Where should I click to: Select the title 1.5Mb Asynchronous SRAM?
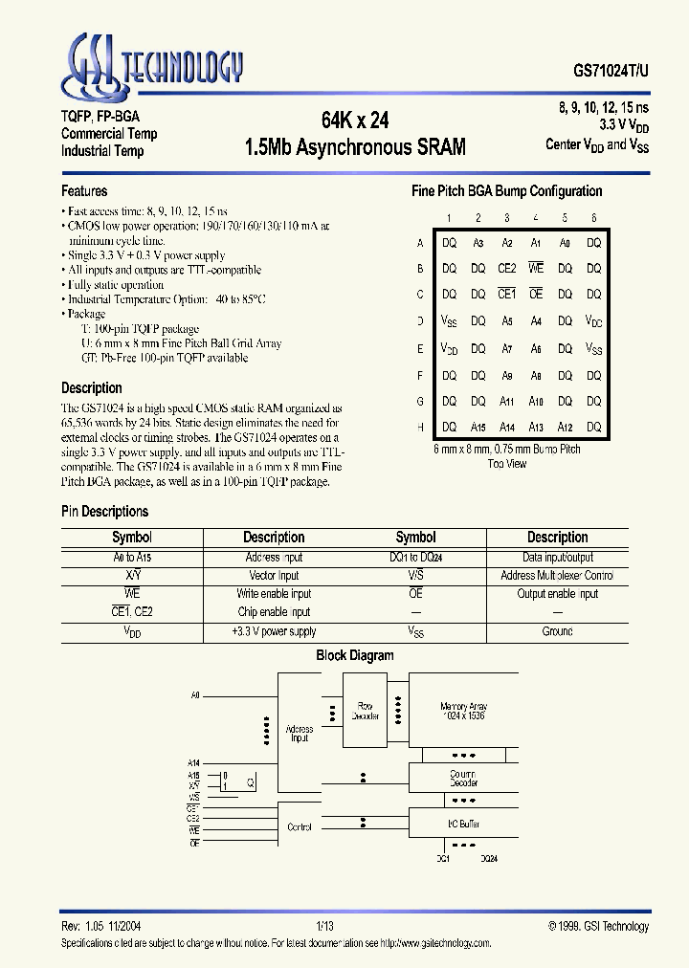tap(354, 147)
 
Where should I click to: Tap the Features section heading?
tap(84, 190)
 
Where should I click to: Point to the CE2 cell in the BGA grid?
tap(507, 269)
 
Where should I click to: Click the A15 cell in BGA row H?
tap(478, 427)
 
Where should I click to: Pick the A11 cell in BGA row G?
tap(507, 401)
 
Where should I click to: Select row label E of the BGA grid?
tap(420, 349)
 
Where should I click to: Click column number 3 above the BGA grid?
tap(507, 218)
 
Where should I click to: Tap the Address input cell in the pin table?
tap(274, 557)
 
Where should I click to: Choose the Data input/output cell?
tap(557, 557)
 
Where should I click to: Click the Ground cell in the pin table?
tap(557, 631)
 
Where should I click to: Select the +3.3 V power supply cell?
tap(274, 631)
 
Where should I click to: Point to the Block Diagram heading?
tap(355, 655)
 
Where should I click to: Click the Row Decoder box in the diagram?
tap(366, 712)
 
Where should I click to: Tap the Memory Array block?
tap(464, 712)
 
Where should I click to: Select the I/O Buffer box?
tap(464, 823)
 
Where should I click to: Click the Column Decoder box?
tap(464, 779)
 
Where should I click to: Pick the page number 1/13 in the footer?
tap(324, 926)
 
